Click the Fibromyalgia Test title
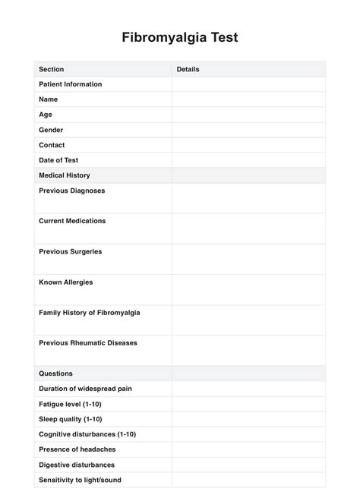[180, 37]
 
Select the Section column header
[51, 69]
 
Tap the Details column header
[188, 69]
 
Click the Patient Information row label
[70, 84]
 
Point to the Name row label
[48, 99]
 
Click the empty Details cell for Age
[248, 115]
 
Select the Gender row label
[51, 130]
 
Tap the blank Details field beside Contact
[248, 145]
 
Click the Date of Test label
[58, 160]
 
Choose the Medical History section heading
[65, 175]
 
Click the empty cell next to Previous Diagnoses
[248, 197]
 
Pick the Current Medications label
[72, 221]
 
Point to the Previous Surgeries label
[70, 251]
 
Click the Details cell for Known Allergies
[248, 289]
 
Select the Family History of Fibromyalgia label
[89, 312]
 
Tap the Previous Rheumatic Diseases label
[88, 343]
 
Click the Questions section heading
[55, 373]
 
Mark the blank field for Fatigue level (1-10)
[248, 404]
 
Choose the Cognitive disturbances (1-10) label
[87, 434]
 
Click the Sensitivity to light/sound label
[80, 480]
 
